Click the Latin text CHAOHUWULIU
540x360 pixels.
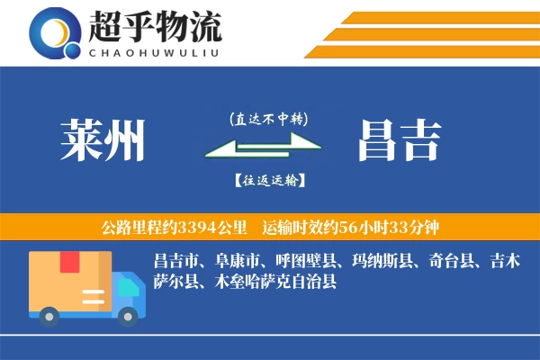click(154, 50)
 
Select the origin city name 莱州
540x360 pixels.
click(103, 139)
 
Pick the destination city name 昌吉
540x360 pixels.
click(399, 139)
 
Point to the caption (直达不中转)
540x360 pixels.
click(268, 119)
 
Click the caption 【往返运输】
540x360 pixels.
click(268, 180)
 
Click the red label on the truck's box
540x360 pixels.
click(70, 262)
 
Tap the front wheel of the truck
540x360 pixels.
click(128, 315)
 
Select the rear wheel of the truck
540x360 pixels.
click(49, 315)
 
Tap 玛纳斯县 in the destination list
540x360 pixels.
click(382, 262)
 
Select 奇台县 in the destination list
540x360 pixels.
click(448, 262)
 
